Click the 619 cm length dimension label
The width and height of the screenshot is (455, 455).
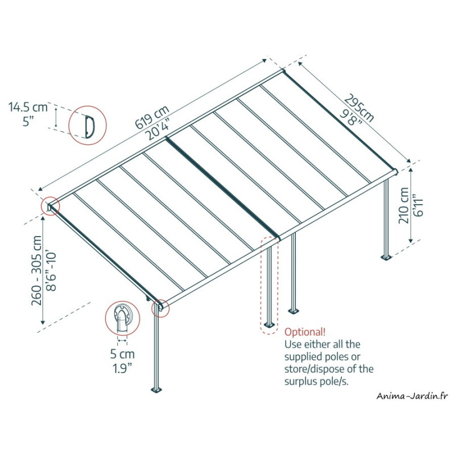click(x=152, y=117)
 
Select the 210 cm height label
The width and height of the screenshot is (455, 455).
click(x=403, y=205)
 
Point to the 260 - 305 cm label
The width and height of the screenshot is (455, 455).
click(x=37, y=271)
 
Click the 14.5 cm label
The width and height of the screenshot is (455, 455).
click(x=28, y=107)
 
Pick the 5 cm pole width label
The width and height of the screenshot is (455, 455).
click(x=122, y=354)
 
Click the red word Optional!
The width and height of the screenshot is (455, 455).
click(x=305, y=332)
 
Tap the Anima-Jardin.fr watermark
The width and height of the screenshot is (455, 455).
click(x=412, y=396)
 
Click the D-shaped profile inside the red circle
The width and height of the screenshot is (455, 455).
click(x=90, y=126)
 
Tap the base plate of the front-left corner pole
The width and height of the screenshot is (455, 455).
click(x=157, y=390)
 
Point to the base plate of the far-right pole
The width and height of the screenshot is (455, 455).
click(x=386, y=257)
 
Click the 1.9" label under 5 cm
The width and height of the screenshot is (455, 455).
click(x=122, y=368)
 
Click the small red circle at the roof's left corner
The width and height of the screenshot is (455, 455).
click(x=51, y=206)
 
